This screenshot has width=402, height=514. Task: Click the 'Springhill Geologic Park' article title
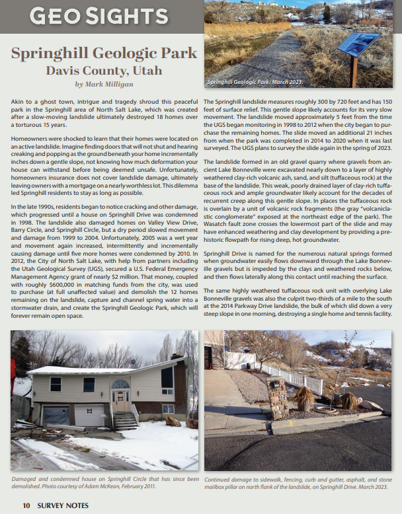[x=104, y=54]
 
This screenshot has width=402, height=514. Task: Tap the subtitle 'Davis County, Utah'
[x=103, y=70]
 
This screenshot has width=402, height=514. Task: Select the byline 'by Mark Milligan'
[x=103, y=84]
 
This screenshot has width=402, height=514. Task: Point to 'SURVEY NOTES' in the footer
[x=63, y=505]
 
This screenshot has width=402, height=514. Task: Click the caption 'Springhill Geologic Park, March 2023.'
[x=255, y=82]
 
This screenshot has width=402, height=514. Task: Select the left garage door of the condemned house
[x=55, y=416]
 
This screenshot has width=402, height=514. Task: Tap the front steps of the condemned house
[x=126, y=421]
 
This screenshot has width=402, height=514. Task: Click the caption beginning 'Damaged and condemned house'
[x=104, y=482]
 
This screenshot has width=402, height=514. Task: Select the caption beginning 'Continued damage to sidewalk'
[x=298, y=482]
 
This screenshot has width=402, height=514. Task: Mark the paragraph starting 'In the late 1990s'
[x=104, y=260]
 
